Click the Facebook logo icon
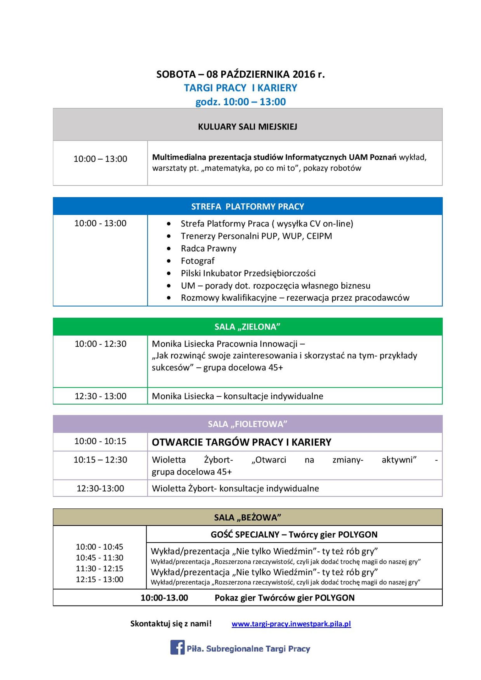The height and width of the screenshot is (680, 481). click(177, 647)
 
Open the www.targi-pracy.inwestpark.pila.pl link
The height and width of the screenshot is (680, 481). click(291, 623)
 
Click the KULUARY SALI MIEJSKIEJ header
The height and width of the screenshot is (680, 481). click(247, 127)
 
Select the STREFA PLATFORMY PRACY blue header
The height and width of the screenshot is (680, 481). click(247, 206)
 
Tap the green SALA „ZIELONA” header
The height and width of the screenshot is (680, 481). click(247, 327)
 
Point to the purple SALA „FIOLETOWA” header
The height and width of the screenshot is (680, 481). click(247, 424)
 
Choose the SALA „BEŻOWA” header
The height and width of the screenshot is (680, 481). click(247, 518)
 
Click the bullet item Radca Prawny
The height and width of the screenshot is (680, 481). click(208, 249)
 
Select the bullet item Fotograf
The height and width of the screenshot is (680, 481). click(197, 261)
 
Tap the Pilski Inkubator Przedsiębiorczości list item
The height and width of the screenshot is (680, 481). click(248, 273)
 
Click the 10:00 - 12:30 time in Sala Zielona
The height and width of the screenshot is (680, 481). click(100, 344)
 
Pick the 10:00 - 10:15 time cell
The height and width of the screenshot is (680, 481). click(100, 441)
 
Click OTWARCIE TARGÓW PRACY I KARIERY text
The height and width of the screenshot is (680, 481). click(241, 442)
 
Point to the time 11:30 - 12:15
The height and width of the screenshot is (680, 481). click(99, 568)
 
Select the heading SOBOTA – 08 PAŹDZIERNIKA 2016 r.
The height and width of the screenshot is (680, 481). click(240, 74)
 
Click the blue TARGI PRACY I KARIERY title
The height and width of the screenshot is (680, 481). click(240, 88)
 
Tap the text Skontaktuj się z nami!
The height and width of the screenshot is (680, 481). click(171, 623)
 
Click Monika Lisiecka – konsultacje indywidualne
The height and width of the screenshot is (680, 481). click(237, 396)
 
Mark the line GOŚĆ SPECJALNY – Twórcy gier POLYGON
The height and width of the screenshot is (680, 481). click(294, 535)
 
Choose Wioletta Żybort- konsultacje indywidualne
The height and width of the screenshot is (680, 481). click(235, 488)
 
